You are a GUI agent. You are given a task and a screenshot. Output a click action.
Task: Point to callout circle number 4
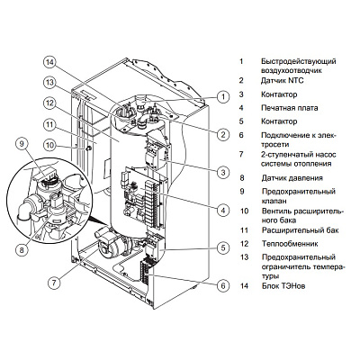(x=221, y=211)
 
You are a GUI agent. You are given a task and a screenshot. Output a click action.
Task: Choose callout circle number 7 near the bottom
(x=54, y=283)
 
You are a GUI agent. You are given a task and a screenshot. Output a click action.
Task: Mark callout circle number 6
(x=221, y=286)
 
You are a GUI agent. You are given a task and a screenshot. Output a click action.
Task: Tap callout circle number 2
(x=220, y=134)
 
